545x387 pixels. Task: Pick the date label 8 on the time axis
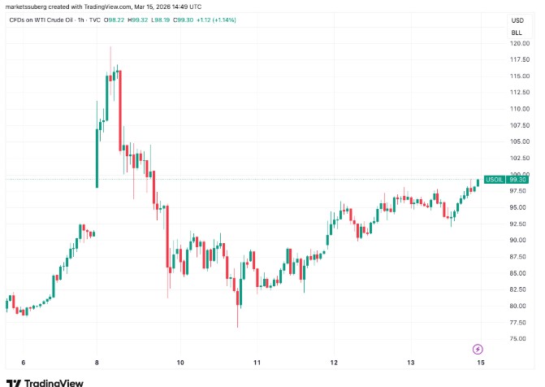click(x=97, y=362)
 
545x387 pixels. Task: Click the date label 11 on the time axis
click(x=257, y=362)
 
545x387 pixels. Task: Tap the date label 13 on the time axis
click(x=411, y=362)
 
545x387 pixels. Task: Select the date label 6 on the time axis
click(x=24, y=362)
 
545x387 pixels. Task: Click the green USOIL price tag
click(x=494, y=179)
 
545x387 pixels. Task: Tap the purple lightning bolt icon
click(x=478, y=349)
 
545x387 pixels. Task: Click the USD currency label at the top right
click(x=517, y=20)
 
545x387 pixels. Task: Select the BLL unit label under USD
click(x=517, y=32)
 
